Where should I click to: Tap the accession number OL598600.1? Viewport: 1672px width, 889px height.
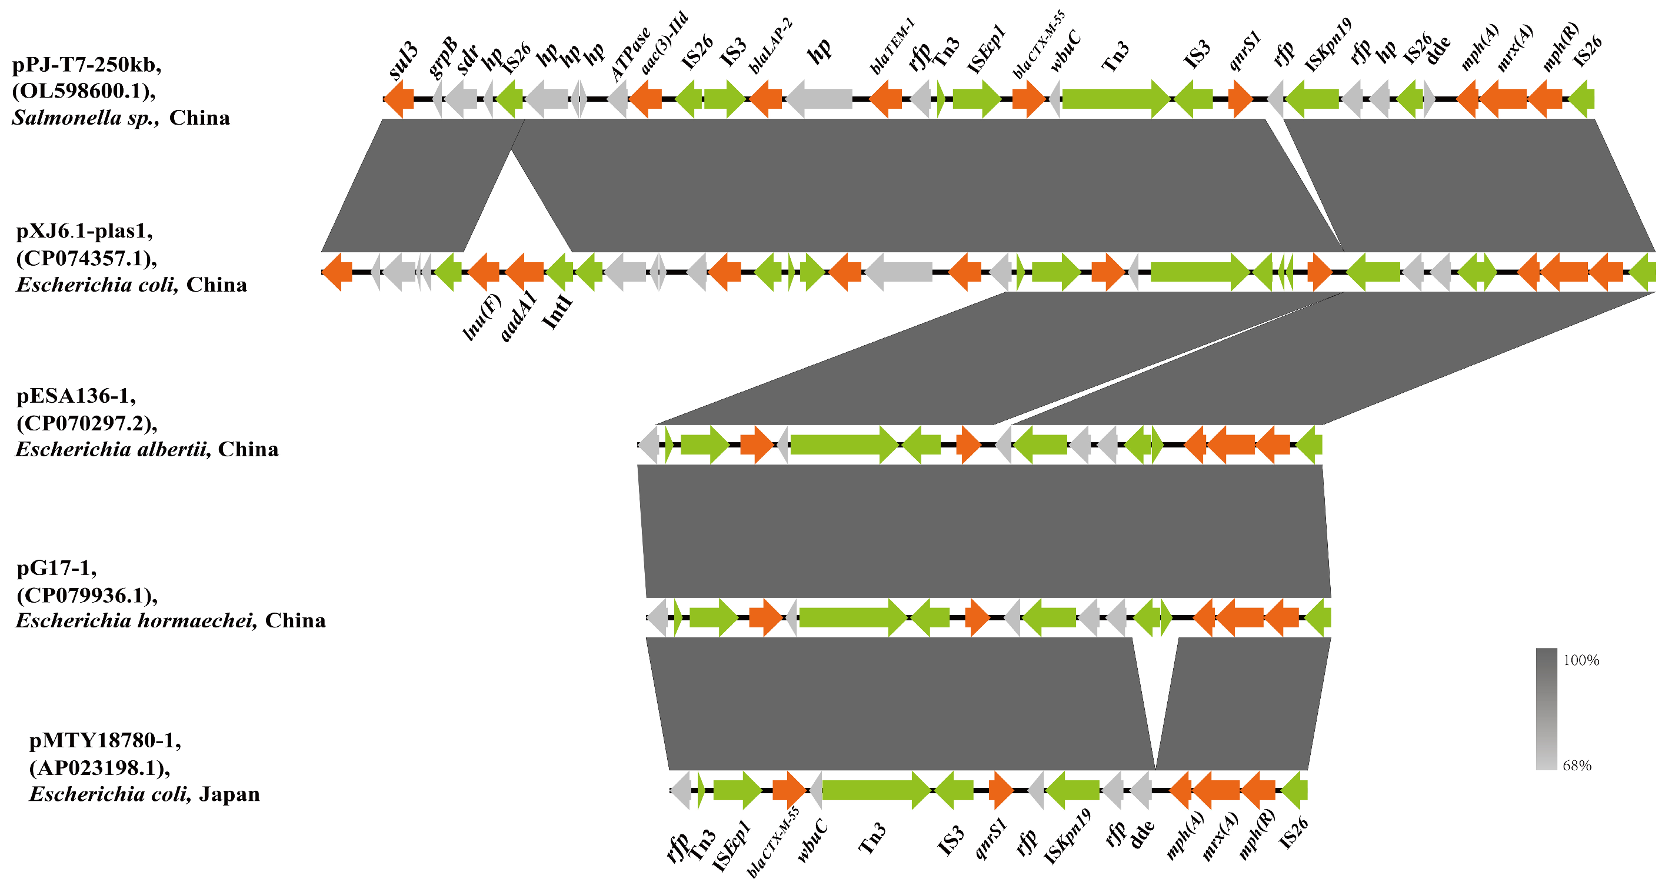point(84,91)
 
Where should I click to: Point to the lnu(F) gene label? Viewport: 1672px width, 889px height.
point(482,318)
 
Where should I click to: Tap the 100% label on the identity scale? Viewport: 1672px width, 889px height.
point(1581,661)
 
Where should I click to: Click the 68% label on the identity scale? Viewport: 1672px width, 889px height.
point(1577,766)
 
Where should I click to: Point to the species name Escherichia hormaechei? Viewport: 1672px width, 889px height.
point(136,621)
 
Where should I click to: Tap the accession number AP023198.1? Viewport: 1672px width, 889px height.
point(99,768)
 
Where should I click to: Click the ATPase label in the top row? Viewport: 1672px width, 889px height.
point(630,55)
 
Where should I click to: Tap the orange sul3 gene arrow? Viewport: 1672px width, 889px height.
point(399,99)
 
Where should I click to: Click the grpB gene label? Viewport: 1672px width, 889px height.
point(444,58)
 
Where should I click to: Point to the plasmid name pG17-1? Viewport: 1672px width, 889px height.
point(56,568)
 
